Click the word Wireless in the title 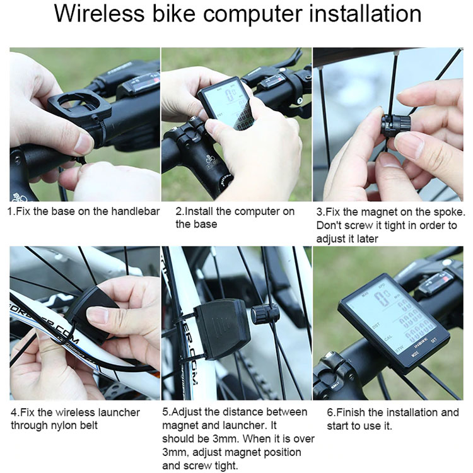[x=99, y=14]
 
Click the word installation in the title [x=365, y=14]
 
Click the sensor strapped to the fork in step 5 [x=222, y=329]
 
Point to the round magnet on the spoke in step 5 [x=264, y=314]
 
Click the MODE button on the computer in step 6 [x=416, y=354]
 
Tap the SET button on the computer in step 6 [x=434, y=340]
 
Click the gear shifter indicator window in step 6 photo [x=438, y=281]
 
